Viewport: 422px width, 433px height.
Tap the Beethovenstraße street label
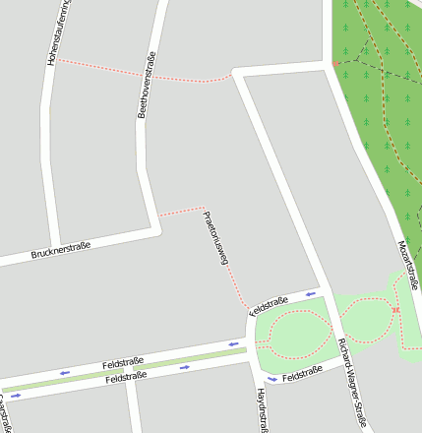(x=147, y=85)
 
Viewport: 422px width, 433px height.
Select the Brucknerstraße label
(x=61, y=251)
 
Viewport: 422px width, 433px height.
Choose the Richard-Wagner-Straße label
(x=352, y=383)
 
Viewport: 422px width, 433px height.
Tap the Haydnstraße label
(x=263, y=408)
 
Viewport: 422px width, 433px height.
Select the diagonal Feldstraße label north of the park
(x=269, y=304)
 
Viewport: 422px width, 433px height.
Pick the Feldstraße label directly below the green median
(x=126, y=377)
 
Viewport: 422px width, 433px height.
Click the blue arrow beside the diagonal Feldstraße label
(x=311, y=292)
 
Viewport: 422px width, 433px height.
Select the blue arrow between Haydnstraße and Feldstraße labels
(x=272, y=379)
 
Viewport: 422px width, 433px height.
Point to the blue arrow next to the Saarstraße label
(x=15, y=396)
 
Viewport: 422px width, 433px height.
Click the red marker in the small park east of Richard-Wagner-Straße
(x=395, y=311)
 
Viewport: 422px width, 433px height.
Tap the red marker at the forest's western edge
(x=335, y=64)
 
